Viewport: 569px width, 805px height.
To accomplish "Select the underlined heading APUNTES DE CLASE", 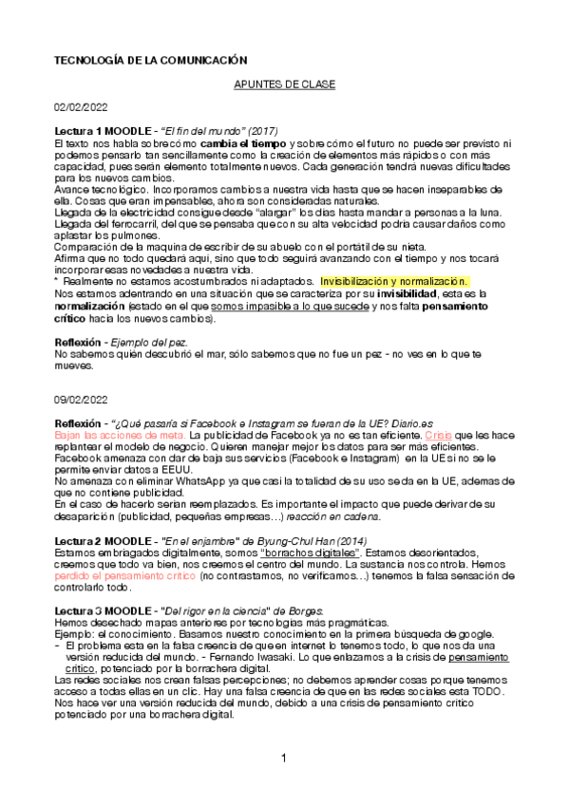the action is coord(284,84).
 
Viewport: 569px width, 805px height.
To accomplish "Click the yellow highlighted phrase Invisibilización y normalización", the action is coord(393,282).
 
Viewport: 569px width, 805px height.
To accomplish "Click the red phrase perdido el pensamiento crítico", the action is coord(114,576).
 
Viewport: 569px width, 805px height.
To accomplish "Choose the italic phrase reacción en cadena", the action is coord(338,517).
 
